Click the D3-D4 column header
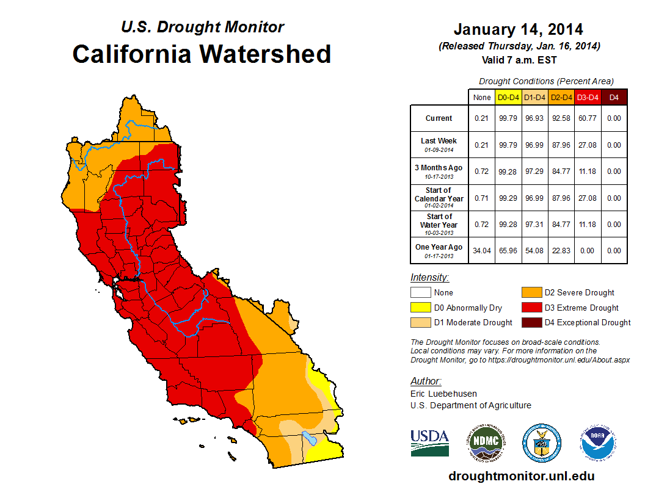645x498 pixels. (588, 97)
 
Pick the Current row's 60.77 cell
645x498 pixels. (588, 118)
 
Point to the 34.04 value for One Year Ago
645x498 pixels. (481, 251)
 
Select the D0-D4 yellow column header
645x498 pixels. (508, 97)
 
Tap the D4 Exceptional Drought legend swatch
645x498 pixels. (530, 322)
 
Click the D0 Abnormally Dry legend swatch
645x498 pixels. (420, 308)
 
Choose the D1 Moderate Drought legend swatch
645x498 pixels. (420, 322)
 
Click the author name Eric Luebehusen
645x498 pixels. (444, 394)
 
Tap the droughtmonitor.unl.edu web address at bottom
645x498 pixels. (521, 476)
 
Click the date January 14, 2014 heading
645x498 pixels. (518, 29)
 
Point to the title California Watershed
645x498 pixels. (202, 54)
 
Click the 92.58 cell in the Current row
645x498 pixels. (560, 118)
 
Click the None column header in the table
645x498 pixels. (481, 97)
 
